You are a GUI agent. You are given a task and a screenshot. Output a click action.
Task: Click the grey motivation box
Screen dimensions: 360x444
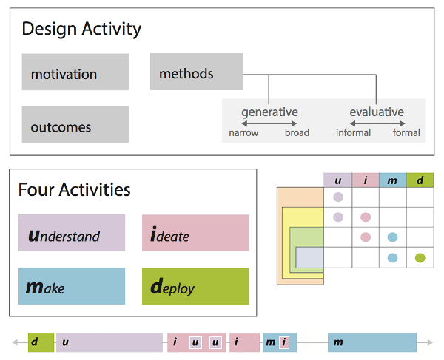[75, 72]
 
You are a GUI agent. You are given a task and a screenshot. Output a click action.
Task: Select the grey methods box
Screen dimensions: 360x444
[196, 72]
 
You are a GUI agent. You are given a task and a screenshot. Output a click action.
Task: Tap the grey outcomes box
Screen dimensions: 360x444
[75, 125]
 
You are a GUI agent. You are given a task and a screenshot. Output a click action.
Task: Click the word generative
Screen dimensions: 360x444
[269, 112]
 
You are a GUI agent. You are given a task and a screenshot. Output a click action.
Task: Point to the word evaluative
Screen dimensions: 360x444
[377, 112]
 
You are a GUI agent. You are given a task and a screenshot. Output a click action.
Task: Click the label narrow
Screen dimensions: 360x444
[243, 133]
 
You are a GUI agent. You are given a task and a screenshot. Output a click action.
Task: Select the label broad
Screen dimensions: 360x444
[297, 133]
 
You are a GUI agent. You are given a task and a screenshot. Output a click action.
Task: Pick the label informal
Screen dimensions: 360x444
[353, 133]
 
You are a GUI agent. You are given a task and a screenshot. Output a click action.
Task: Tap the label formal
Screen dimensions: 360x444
[406, 133]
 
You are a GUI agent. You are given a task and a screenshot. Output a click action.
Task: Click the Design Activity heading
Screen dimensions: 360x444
[81, 30]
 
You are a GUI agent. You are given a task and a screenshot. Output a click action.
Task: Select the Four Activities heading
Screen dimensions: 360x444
[74, 190]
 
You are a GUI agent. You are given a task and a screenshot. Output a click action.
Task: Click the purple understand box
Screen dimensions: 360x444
[72, 233]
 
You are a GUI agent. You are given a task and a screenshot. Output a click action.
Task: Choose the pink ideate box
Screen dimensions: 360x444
[195, 233]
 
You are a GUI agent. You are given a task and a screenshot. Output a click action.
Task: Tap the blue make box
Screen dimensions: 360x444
[72, 286]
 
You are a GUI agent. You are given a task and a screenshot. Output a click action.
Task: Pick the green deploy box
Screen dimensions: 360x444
[195, 286]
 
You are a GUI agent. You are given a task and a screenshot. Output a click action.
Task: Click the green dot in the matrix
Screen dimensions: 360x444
[420, 258]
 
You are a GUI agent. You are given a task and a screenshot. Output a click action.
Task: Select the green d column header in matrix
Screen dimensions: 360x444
[420, 180]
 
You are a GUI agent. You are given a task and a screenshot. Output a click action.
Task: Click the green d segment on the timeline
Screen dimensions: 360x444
[41, 342]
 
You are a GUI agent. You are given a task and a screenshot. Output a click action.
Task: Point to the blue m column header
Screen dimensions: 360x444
[392, 180]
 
